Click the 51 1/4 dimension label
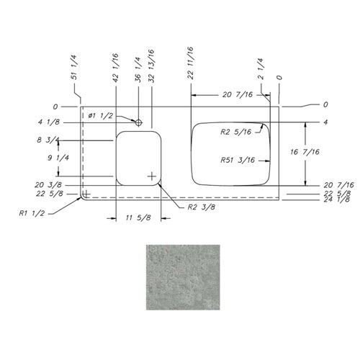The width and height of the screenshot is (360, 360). click(74, 68)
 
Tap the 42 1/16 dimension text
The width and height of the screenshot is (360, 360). click(115, 68)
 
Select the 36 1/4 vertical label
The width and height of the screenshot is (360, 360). click(138, 70)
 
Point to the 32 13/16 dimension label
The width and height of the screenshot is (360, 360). click(151, 66)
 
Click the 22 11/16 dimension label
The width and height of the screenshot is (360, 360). click(190, 63)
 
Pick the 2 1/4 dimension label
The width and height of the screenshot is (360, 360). click(261, 68)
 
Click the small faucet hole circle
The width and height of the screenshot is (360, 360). click(139, 123)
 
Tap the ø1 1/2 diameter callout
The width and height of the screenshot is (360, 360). click(100, 116)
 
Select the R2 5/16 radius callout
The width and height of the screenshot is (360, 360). click(236, 132)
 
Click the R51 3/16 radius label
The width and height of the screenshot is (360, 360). click(238, 160)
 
